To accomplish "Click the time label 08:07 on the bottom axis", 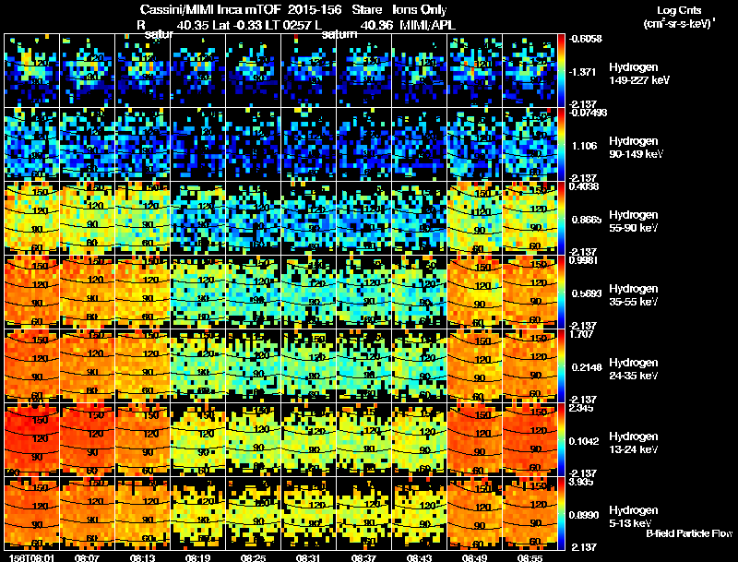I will coord(88,557).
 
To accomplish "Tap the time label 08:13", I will coord(143,557).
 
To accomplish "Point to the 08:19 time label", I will coord(198,557).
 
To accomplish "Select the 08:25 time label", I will coord(254,557).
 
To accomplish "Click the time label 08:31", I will coord(309,557).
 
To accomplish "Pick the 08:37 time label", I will coord(364,557).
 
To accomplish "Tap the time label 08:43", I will coord(420,557).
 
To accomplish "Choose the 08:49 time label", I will coord(475,557).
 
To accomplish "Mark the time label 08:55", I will coord(530,557).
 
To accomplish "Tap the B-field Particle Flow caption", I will coord(689,533).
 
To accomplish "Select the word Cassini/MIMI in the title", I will coord(175,11).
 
